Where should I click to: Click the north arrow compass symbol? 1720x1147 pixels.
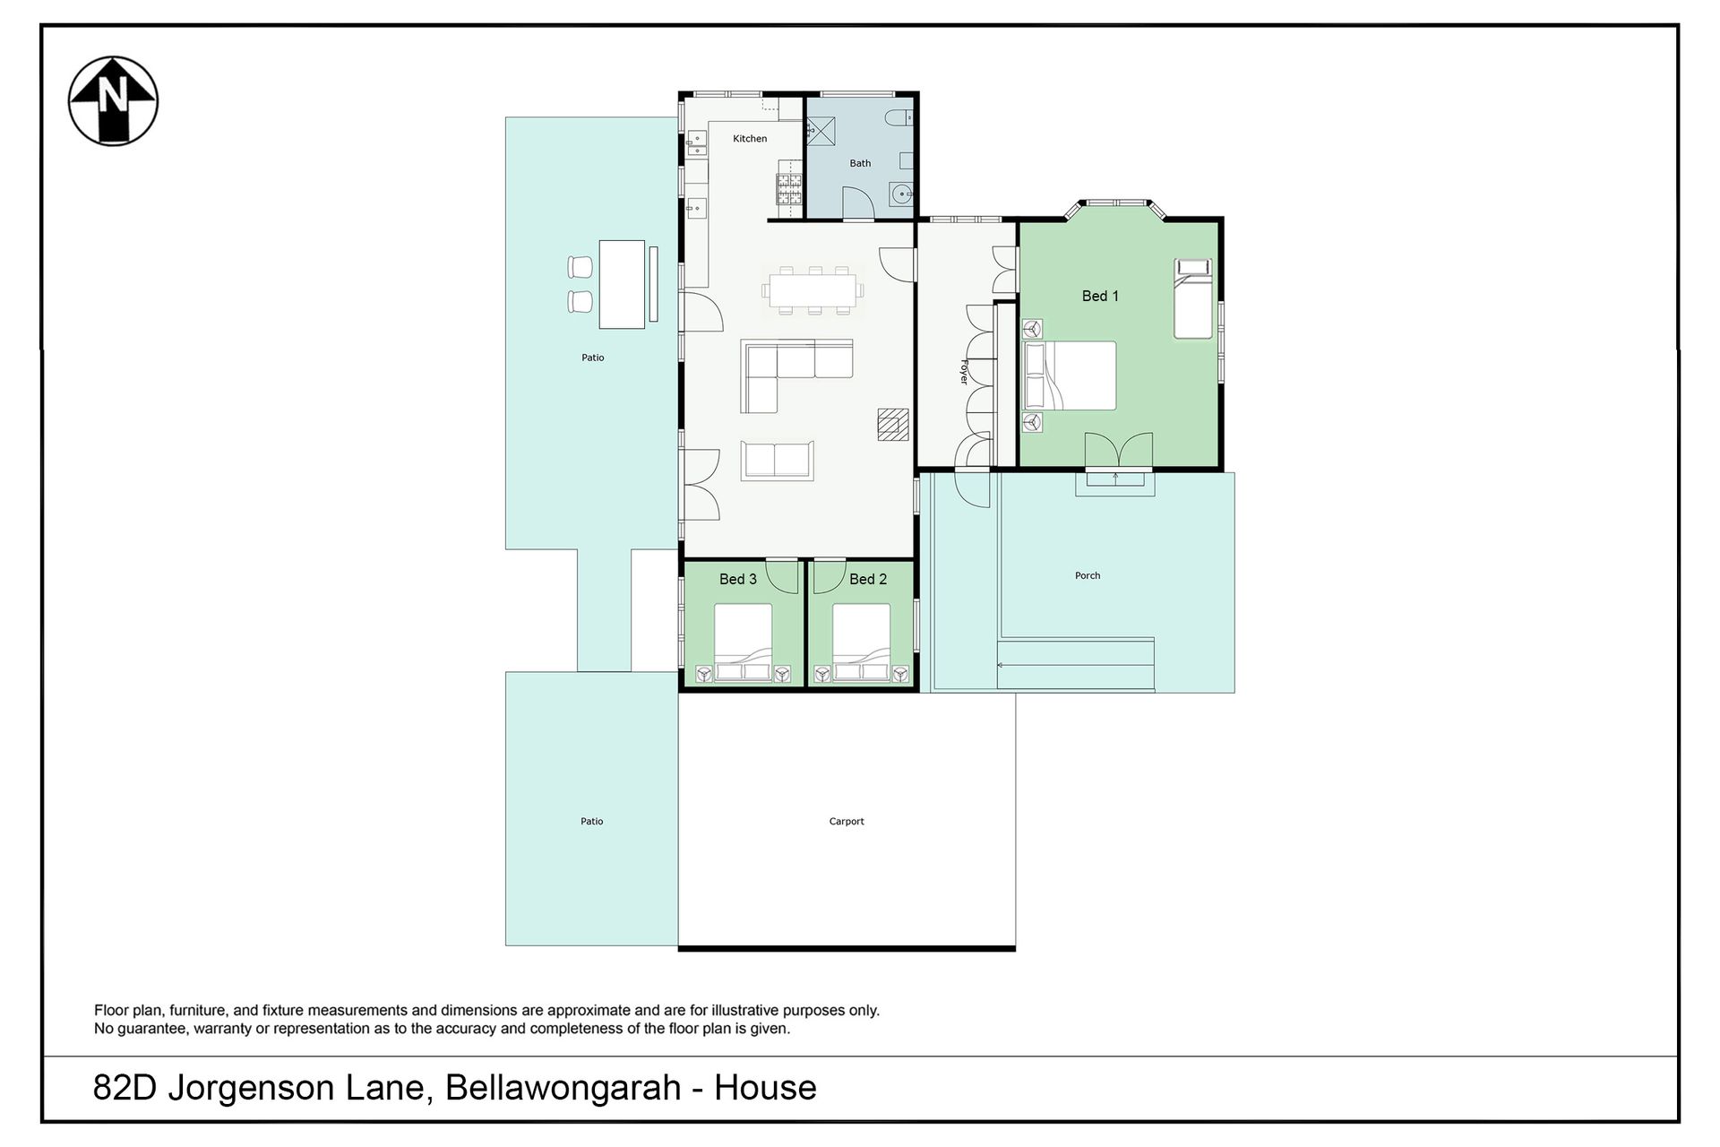pos(114,100)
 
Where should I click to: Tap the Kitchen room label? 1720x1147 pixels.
pos(750,139)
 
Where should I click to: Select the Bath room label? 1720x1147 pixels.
pos(860,163)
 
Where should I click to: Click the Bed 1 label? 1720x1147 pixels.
pos(1100,296)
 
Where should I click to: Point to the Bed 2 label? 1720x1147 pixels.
pos(868,579)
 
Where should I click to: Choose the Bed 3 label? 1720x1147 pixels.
pos(738,579)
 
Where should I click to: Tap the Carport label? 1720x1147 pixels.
pos(847,821)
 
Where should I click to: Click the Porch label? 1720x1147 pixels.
pos(1088,575)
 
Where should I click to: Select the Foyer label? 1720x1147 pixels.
pos(965,372)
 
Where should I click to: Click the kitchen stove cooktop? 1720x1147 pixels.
pos(789,187)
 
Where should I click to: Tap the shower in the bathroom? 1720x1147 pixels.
pos(821,131)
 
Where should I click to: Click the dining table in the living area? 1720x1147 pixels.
pos(813,289)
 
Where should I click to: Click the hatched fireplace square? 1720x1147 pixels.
pos(893,425)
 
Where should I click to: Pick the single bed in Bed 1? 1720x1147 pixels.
pos(1193,298)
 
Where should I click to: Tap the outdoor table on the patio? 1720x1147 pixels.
pos(622,284)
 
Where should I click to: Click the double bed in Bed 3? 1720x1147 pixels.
pos(743,642)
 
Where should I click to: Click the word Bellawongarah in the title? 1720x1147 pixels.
pos(563,1088)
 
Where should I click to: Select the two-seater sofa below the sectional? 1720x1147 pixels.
pos(778,461)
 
